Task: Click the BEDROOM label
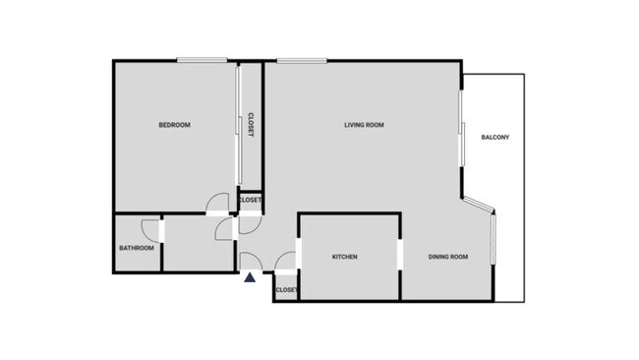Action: pyautogui.click(x=174, y=125)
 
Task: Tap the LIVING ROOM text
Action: pyautogui.click(x=364, y=125)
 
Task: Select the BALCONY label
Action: pyautogui.click(x=494, y=137)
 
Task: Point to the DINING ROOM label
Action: pyautogui.click(x=447, y=258)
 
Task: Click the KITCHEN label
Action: pyautogui.click(x=344, y=258)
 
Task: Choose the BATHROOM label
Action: pyautogui.click(x=137, y=248)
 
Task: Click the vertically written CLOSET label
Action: pyautogui.click(x=251, y=124)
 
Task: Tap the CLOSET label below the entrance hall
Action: pyautogui.click(x=286, y=290)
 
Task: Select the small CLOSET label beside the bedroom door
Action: pyautogui.click(x=250, y=201)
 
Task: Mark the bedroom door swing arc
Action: pyautogui.click(x=214, y=205)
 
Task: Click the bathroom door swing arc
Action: pyautogui.click(x=150, y=228)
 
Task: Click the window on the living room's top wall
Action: pyautogui.click(x=301, y=61)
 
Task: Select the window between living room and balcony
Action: pyautogui.click(x=461, y=128)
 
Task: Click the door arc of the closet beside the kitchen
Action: pyautogui.click(x=287, y=261)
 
